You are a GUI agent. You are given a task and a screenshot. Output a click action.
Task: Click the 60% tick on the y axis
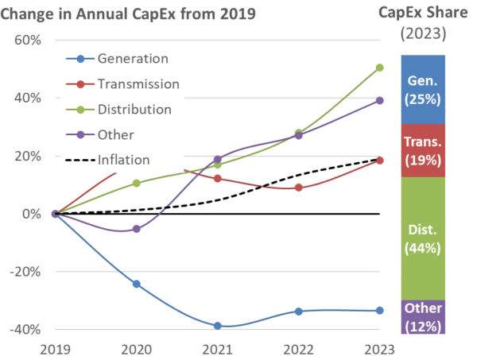[26, 41]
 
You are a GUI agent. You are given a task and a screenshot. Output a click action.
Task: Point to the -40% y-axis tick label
[24, 329]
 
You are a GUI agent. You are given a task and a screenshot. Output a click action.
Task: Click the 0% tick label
[30, 214]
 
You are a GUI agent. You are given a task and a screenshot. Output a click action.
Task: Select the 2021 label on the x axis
[218, 348]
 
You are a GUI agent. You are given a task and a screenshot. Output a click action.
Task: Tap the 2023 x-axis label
[379, 348]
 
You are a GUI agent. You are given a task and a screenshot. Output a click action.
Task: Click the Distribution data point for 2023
[380, 68]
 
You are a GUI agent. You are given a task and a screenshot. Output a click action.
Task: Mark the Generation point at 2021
[218, 326]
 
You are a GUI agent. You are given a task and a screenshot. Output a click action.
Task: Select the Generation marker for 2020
[137, 284]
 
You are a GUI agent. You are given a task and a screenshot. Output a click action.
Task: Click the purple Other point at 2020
[137, 229]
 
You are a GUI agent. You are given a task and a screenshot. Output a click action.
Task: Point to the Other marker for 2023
[380, 100]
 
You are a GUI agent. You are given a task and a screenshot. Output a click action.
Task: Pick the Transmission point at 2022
[299, 188]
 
